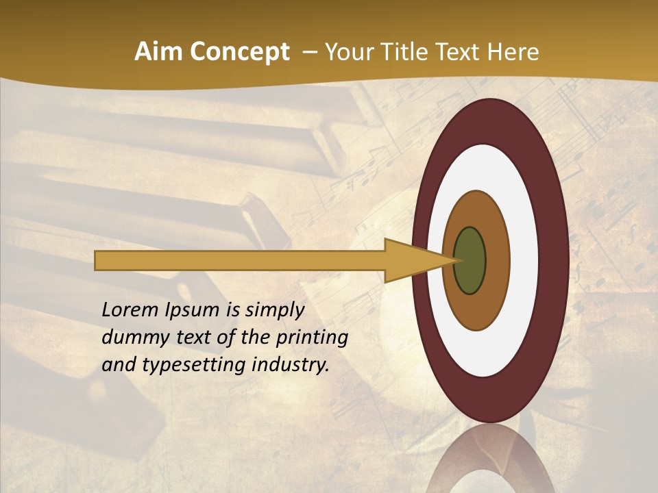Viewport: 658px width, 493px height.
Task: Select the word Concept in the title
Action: (241, 52)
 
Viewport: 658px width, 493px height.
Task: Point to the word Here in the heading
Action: (513, 52)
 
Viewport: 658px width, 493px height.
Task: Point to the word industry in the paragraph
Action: (291, 366)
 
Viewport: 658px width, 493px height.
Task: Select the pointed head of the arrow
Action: (418, 260)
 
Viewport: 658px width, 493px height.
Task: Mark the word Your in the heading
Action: (348, 52)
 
